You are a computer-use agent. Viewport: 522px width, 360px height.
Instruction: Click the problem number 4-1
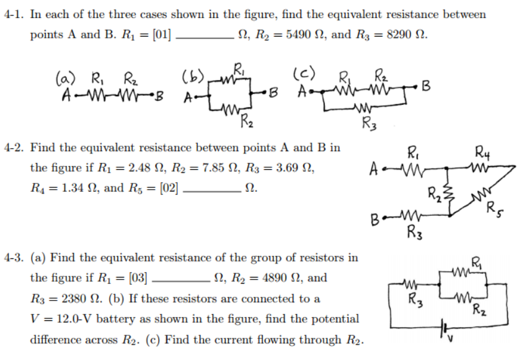pos(14,14)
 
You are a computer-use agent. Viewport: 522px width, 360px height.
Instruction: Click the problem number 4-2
pos(14,148)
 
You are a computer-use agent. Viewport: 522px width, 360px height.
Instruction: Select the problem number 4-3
pos(14,257)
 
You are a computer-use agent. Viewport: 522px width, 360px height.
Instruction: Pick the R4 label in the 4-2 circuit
pos(481,150)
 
